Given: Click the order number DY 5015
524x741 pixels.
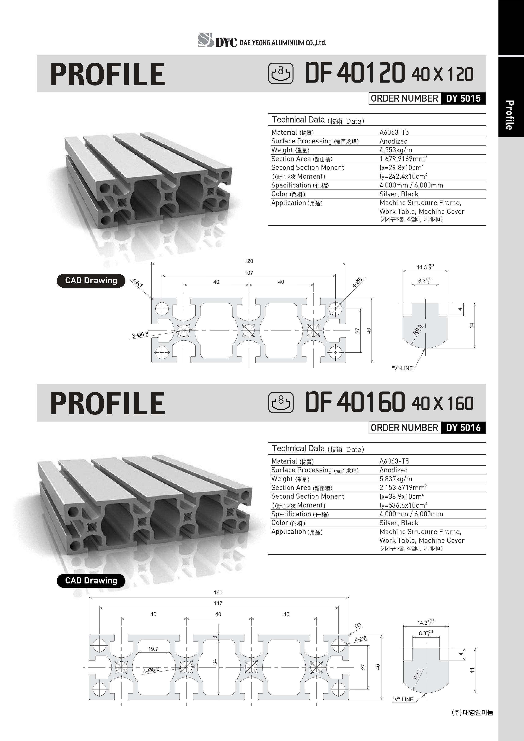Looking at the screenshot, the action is [x=463, y=98].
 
